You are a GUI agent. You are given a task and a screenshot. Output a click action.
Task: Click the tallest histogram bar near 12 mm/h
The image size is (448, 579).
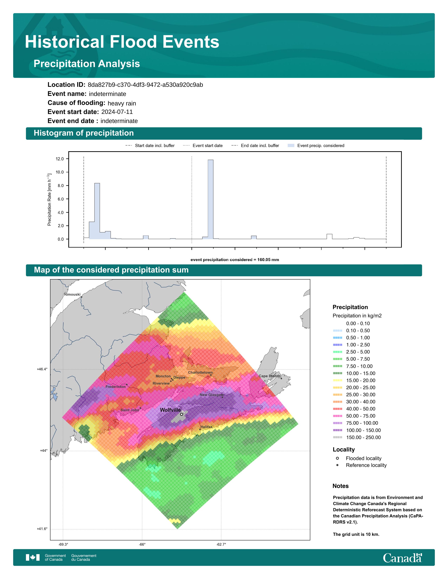[210, 199]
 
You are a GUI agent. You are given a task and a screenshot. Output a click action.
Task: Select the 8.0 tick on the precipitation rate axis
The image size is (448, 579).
[60, 186]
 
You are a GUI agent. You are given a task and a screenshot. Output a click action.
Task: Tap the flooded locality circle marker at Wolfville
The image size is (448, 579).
[181, 414]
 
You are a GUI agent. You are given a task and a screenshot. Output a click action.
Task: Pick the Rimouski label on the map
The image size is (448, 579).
[72, 294]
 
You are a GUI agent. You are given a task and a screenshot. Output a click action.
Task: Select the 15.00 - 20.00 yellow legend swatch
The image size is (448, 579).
[338, 380]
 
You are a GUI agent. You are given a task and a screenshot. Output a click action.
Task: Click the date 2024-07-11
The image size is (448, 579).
[117, 112]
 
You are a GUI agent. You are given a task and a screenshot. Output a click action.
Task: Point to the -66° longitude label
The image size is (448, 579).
[142, 544]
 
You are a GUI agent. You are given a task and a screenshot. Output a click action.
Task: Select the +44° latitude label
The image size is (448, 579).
[44, 450]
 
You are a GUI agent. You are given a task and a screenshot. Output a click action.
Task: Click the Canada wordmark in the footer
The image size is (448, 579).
[402, 558]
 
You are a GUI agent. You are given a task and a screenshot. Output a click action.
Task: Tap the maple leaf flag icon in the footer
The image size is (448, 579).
[33, 558]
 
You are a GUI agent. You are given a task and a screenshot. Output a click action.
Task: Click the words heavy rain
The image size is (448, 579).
[122, 103]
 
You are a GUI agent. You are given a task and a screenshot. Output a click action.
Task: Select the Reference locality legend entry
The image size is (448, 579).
[361, 465]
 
